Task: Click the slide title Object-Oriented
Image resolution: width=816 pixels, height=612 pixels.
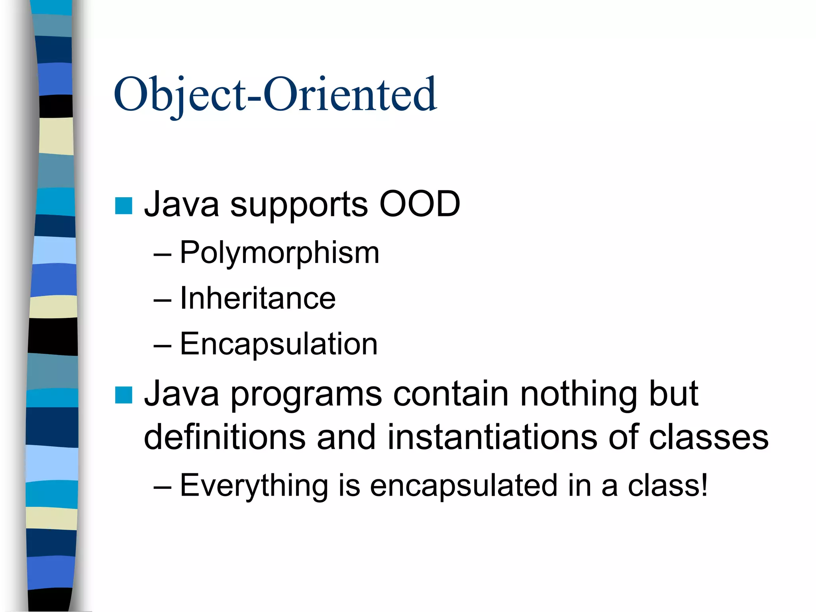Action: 275,95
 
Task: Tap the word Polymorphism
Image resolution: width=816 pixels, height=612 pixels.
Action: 279,253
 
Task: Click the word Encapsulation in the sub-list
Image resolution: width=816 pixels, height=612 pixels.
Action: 279,344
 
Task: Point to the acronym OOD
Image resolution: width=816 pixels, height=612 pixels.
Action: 420,204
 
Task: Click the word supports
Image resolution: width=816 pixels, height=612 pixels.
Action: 299,206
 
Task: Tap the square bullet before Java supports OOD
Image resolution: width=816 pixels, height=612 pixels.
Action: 124,206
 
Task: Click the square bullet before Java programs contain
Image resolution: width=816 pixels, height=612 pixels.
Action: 124,395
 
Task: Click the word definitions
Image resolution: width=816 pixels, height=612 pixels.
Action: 225,437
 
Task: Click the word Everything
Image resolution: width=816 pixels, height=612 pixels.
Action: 254,486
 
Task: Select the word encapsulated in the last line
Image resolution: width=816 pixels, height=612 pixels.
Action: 463,486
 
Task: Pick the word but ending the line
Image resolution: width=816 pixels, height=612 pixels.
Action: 673,394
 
